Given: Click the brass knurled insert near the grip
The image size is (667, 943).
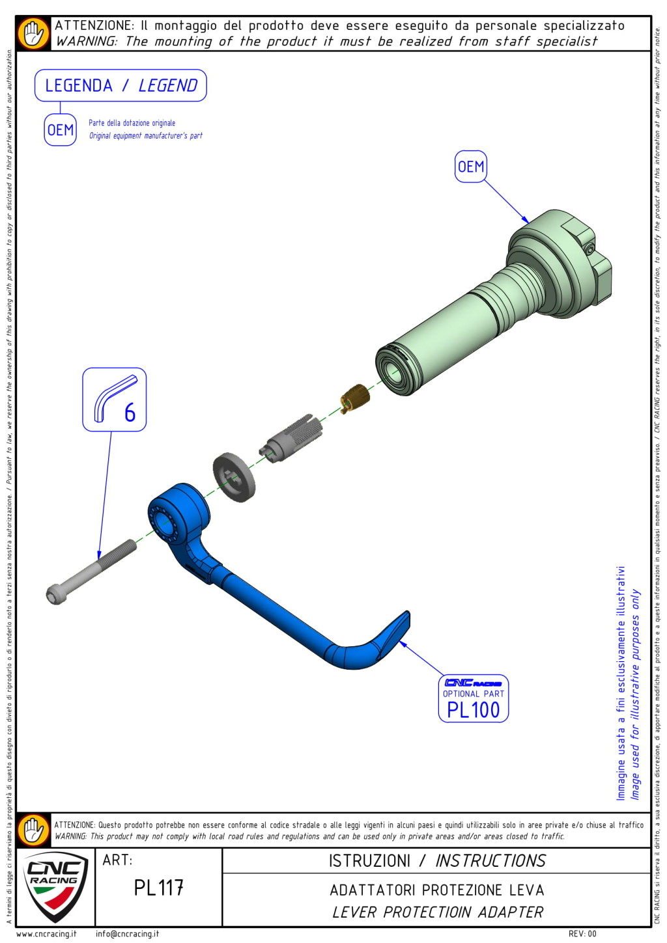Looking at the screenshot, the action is point(355,399).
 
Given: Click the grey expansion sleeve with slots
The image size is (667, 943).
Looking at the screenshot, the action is point(291,439).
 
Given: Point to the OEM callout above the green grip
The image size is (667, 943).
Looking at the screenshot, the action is point(471,167).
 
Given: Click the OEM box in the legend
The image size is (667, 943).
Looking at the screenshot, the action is point(61,130).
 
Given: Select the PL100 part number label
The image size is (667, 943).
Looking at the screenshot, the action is point(473,710).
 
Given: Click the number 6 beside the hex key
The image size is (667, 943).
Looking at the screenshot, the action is point(130,412).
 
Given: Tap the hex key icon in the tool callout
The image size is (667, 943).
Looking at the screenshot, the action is point(112,398).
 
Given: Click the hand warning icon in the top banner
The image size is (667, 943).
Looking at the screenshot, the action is point(34,34).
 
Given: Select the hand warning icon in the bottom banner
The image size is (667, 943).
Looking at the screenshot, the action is point(34,830).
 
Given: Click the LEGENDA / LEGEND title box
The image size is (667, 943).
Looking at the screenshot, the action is point(121,85).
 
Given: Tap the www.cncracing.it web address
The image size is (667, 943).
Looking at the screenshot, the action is point(46,934).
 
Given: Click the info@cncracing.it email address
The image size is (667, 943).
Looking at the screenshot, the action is point(127,934).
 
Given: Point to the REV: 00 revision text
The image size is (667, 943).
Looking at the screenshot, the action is point(582,934).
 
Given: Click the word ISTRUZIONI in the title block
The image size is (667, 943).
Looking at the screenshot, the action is point(369,861).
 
